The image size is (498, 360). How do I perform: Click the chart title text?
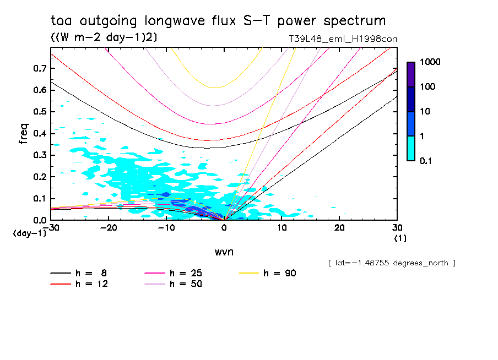218,21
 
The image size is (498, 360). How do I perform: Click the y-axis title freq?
24,134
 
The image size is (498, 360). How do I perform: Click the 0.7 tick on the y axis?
39,68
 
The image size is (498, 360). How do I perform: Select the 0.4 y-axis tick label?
39,134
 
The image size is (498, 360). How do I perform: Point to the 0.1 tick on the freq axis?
39,199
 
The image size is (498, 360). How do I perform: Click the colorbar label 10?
427,112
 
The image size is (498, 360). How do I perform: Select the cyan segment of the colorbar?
411,148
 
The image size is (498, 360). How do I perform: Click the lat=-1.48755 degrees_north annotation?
391,263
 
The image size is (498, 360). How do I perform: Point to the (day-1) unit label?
29,233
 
